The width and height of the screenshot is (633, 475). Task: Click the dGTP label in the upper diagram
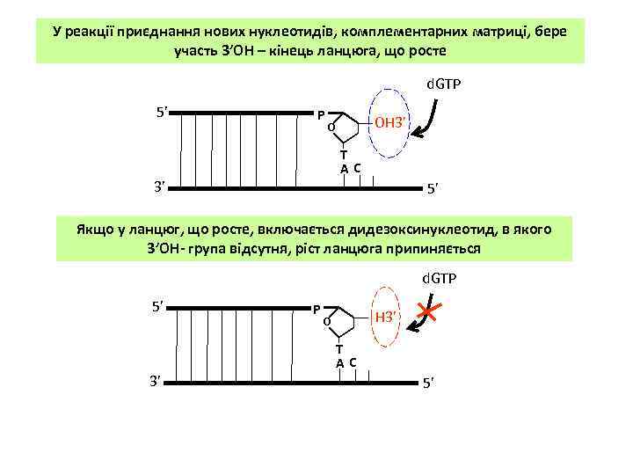[x=445, y=85]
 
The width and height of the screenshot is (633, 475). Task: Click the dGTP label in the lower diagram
[x=439, y=279]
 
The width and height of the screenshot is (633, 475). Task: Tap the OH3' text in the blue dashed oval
[x=389, y=121]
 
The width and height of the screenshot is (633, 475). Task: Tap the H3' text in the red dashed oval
[x=387, y=317]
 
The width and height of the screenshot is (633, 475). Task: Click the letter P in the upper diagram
[x=322, y=114]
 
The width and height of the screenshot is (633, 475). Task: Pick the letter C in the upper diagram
[x=357, y=167]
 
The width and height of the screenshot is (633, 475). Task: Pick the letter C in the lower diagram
[x=352, y=362]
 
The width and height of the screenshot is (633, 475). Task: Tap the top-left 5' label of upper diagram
[x=162, y=113]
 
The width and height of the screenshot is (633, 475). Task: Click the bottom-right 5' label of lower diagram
[x=428, y=384]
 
